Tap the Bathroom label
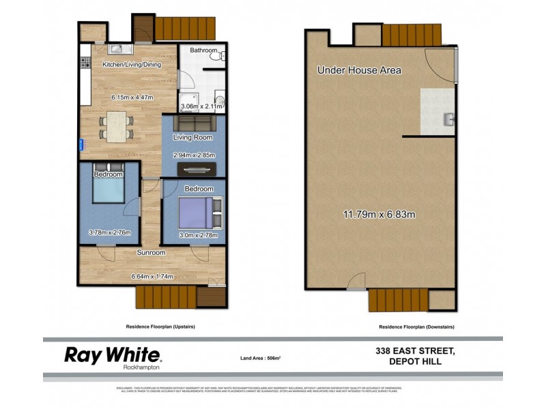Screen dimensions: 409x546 coord(203,50)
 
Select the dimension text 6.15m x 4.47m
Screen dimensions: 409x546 coord(132,97)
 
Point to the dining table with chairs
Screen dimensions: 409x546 coord(117,127)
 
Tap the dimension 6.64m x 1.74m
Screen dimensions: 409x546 coord(152,276)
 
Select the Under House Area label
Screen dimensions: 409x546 coord(359,70)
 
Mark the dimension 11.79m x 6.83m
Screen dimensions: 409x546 coord(379,215)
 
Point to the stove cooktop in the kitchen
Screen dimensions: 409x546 coord(86,63)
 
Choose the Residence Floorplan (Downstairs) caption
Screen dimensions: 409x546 coord(416,327)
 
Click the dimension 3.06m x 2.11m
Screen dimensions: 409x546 coord(202,106)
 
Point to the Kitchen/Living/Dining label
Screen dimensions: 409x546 coord(132,65)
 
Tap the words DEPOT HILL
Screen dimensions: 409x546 coord(414,361)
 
